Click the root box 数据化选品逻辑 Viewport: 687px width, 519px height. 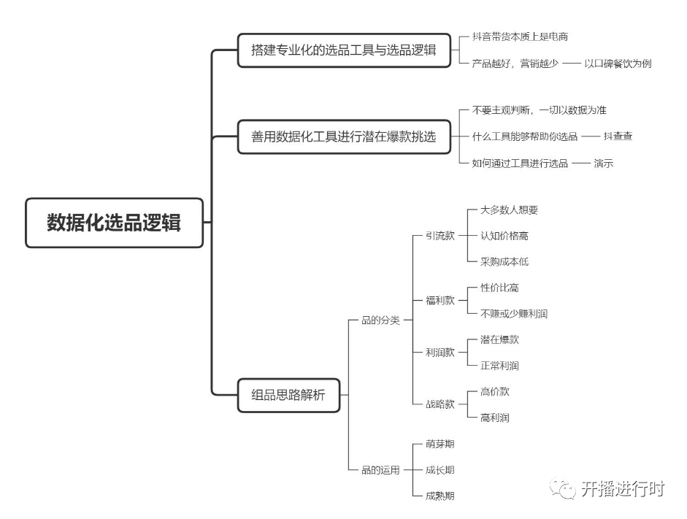115,223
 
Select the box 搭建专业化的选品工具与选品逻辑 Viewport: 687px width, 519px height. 344,50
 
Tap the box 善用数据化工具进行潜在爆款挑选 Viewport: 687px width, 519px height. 344,137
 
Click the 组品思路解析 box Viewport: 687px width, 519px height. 288,395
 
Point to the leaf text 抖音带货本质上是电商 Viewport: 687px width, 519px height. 520,36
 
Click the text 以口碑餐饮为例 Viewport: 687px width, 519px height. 618,64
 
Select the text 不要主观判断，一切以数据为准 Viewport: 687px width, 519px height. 540,110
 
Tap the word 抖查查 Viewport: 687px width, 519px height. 618,137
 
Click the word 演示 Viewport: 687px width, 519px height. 603,164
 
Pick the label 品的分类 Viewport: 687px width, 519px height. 380,320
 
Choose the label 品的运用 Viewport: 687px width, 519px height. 380,470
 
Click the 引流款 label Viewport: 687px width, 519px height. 440,236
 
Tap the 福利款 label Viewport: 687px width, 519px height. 440,301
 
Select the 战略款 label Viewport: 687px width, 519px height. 440,404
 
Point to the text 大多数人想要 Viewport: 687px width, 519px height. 509,209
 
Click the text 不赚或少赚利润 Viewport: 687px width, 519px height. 514,314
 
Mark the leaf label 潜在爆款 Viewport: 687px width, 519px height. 499,339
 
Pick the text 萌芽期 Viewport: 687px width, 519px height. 440,444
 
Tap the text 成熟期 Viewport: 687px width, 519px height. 440,496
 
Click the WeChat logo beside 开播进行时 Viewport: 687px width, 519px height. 563,488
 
